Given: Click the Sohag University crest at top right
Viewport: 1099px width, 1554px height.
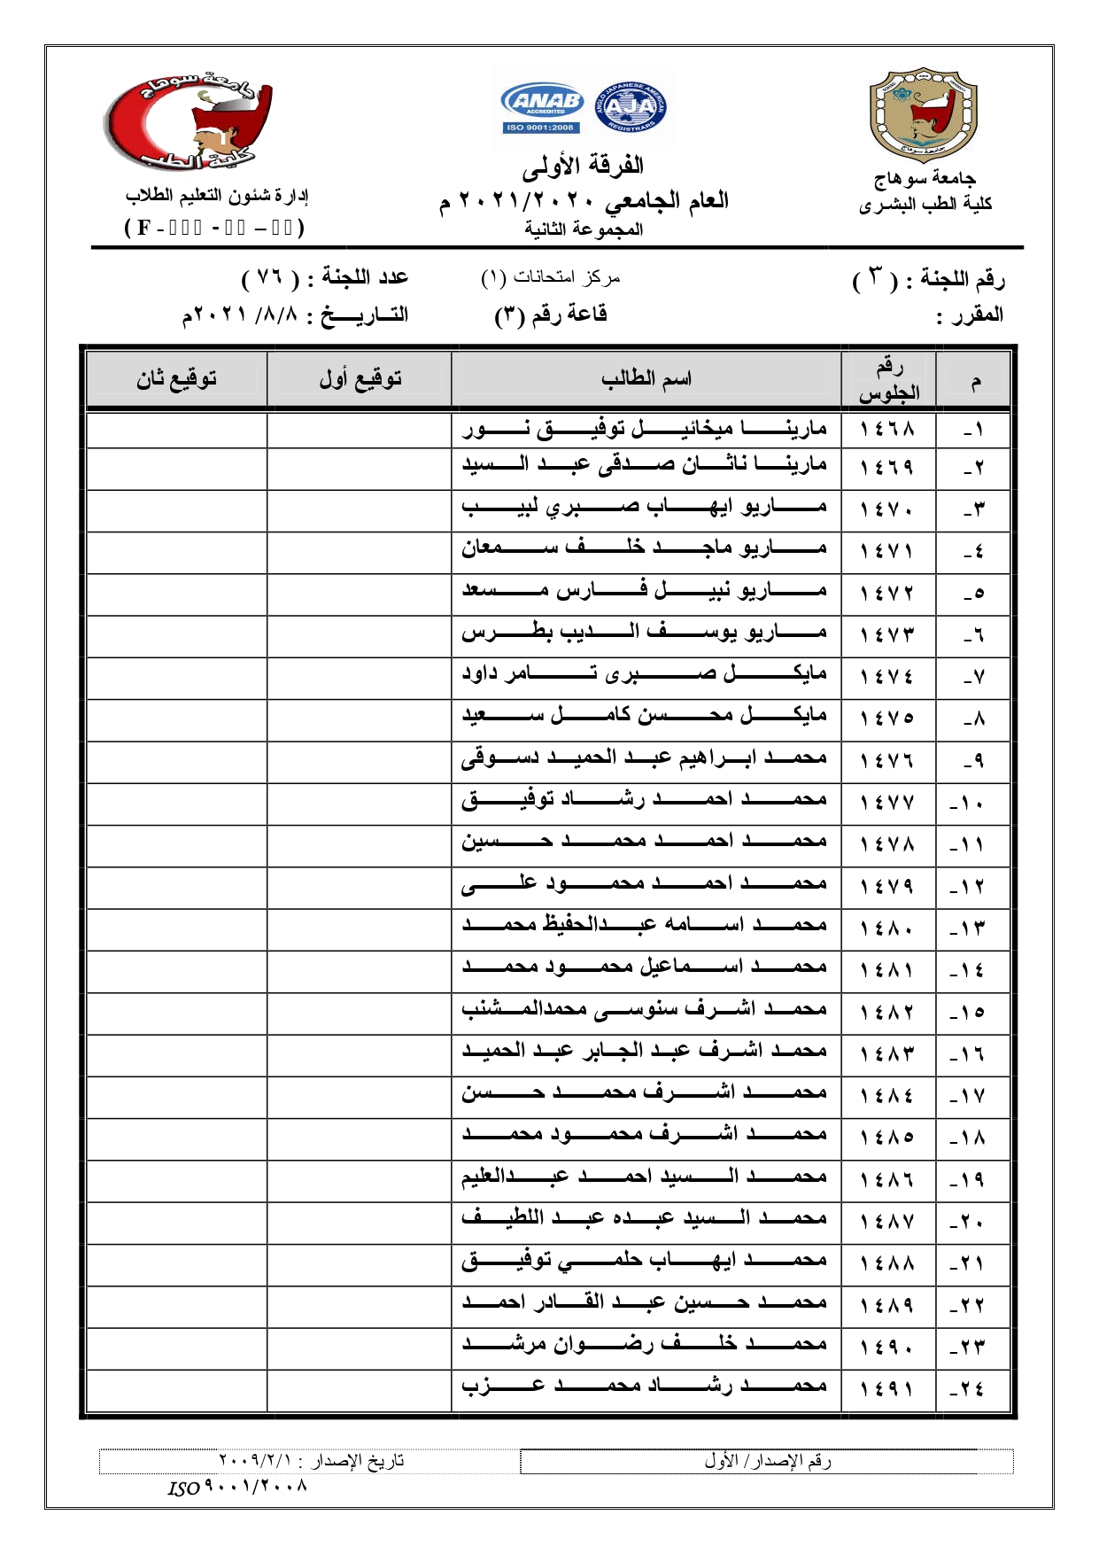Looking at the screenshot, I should [924, 114].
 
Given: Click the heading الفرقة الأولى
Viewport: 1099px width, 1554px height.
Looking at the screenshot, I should [583, 166].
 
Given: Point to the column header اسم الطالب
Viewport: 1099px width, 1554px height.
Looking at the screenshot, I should [646, 379].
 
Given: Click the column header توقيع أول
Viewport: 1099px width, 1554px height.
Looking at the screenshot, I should [360, 379].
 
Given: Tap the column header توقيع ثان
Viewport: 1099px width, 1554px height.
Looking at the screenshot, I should [176, 379].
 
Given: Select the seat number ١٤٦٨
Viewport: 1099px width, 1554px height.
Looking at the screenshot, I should [887, 430].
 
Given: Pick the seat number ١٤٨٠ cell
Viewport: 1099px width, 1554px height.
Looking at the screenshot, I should [887, 927].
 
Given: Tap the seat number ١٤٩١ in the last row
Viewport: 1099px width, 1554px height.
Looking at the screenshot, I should [887, 1388].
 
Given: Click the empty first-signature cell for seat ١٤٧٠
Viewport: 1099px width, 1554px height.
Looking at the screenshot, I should [359, 510].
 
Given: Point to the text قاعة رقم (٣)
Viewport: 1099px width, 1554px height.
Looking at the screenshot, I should [551, 315].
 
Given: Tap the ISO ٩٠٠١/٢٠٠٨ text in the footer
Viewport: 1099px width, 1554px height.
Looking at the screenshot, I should [237, 1487].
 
